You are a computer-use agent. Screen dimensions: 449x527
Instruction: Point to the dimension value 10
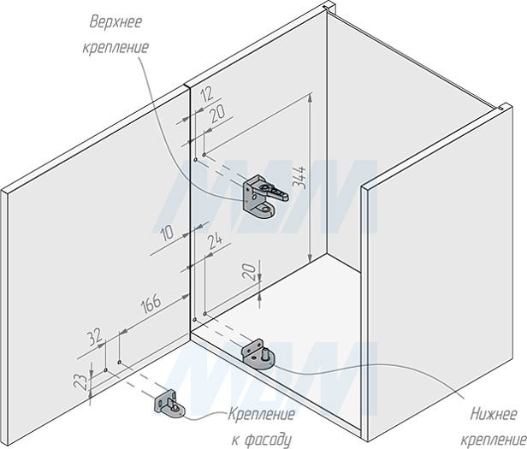[165, 231]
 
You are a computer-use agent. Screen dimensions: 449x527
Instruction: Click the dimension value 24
[216, 245]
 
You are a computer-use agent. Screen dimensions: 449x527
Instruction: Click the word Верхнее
[118, 21]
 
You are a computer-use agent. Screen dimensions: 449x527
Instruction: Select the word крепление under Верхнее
[118, 46]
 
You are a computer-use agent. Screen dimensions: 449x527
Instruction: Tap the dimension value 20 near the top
[217, 112]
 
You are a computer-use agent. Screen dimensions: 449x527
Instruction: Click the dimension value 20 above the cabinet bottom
[248, 274]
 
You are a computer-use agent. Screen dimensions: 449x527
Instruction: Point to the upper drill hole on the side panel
[198, 159]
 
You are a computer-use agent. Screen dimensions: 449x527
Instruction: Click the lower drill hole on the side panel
[197, 321]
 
